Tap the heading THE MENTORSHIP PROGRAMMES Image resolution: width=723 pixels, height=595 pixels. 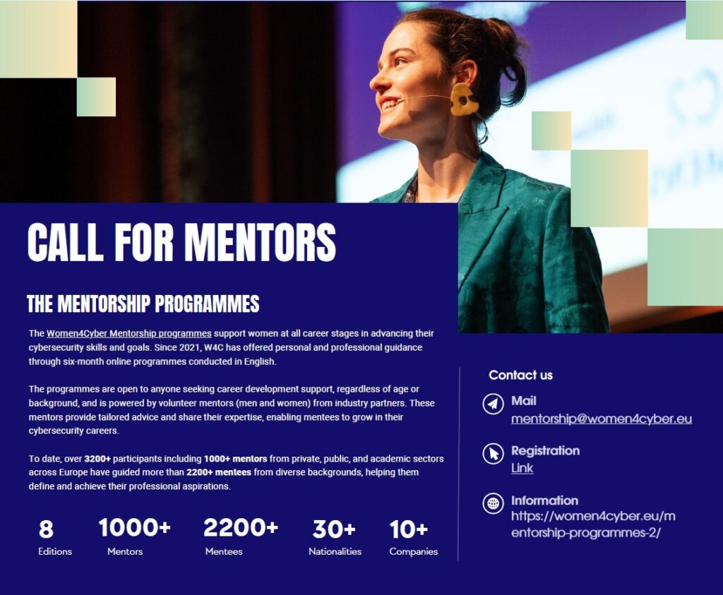click(143, 303)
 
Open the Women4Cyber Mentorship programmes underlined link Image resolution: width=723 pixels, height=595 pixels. click(129, 333)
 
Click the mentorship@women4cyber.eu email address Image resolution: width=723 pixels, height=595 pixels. click(602, 419)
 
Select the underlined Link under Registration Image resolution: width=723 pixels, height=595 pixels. click(522, 468)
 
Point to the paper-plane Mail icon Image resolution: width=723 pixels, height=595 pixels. click(493, 404)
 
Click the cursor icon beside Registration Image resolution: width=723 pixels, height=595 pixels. click(493, 454)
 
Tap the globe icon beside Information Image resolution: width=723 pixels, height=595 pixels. click(493, 503)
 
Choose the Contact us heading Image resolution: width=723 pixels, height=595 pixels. click(520, 375)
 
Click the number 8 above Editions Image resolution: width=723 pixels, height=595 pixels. click(46, 529)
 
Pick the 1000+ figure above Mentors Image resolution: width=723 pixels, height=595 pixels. click(135, 527)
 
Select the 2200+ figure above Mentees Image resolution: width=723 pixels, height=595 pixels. click(241, 527)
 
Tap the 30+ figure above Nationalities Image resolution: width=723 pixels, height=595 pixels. click(334, 529)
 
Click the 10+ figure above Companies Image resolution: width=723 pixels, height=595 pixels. click(409, 529)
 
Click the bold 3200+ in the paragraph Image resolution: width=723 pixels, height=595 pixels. click(97, 459)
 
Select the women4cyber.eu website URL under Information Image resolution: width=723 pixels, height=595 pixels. click(593, 524)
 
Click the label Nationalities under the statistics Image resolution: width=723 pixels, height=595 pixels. click(335, 551)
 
